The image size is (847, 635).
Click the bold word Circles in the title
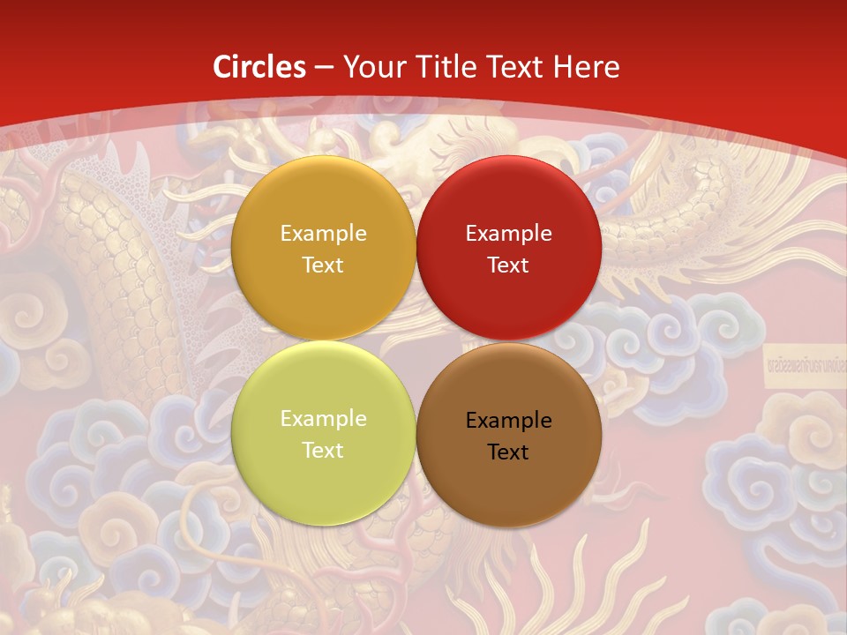tap(259, 67)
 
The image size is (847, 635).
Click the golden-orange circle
tap(323, 203)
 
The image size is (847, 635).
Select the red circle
tap(509, 203)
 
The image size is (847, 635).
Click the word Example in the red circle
tap(509, 234)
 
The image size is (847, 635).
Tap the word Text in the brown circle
tap(508, 452)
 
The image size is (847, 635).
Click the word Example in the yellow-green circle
tap(323, 419)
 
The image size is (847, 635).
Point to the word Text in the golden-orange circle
tap(323, 265)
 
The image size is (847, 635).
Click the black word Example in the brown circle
tap(509, 421)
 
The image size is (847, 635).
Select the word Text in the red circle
tap(508, 265)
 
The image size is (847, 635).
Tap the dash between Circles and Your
tap(324, 68)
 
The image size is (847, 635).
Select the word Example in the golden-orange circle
tap(323, 234)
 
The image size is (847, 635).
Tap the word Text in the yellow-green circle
tap(323, 451)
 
